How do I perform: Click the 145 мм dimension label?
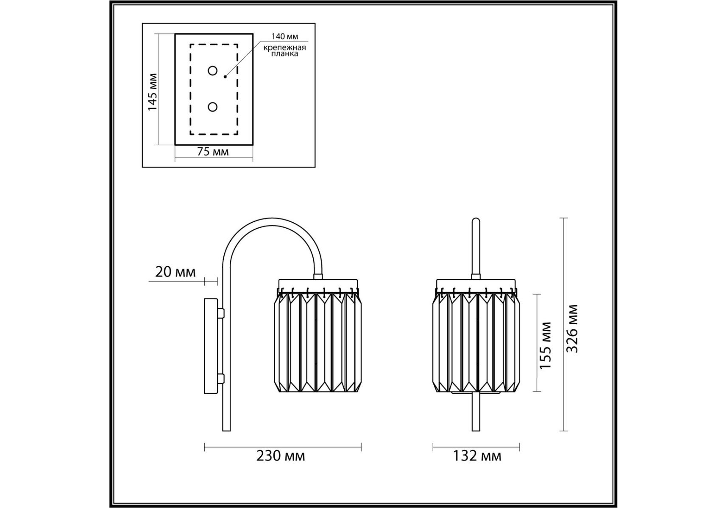(152, 92)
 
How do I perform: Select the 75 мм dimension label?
(213, 152)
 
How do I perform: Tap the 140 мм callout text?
(285, 37)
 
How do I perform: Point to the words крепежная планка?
(285, 51)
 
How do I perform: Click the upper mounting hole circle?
(212, 71)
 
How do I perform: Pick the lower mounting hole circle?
(212, 107)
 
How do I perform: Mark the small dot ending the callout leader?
(225, 77)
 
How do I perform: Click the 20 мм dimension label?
(175, 272)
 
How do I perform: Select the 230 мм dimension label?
(281, 456)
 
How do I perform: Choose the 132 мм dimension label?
(477, 456)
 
